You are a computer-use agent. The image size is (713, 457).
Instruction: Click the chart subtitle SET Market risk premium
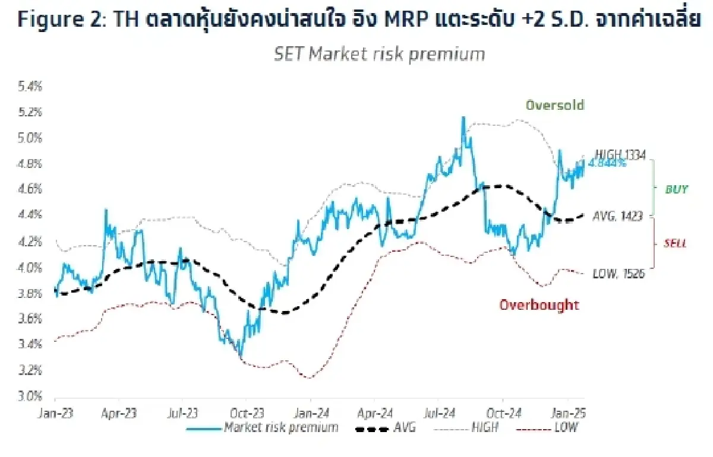[x=379, y=54]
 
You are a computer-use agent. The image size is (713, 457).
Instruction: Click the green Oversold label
[x=554, y=105]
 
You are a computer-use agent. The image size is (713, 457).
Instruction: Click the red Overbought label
[x=538, y=305]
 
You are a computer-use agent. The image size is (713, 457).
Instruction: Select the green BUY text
[x=676, y=189]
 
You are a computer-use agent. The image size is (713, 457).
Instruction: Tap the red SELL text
[x=676, y=243]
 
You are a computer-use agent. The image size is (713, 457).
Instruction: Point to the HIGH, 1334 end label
[x=620, y=154]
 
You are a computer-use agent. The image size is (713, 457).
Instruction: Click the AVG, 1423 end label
[x=618, y=217]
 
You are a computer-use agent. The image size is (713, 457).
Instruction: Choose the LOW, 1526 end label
[x=619, y=274]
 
